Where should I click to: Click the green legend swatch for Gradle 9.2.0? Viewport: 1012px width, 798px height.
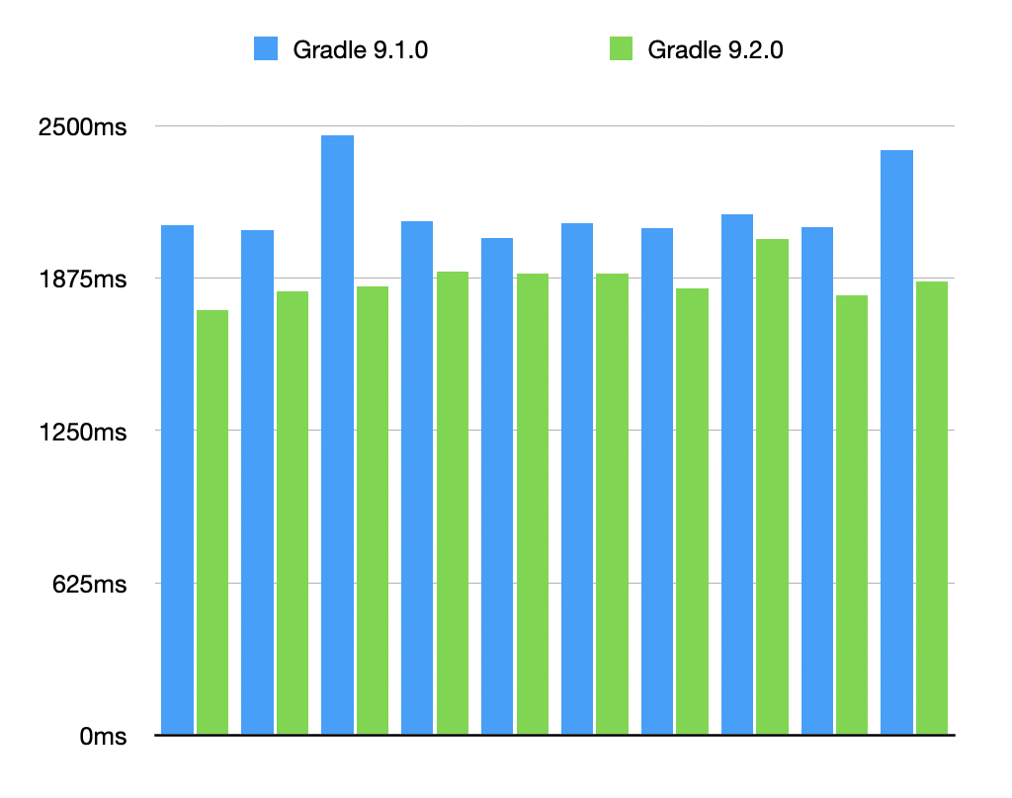tap(621, 48)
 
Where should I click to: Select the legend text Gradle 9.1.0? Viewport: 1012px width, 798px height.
tap(360, 49)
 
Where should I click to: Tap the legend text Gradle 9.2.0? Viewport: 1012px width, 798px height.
tap(715, 49)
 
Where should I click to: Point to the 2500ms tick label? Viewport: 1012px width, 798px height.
tap(82, 127)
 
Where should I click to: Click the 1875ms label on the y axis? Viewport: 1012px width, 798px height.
tap(82, 279)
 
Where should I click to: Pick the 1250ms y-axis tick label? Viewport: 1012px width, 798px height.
tap(82, 432)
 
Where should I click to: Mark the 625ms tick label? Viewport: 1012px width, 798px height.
tap(89, 584)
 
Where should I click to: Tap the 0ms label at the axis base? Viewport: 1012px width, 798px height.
tap(103, 736)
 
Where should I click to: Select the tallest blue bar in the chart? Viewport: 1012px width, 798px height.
tap(337, 435)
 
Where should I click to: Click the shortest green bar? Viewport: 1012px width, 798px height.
tap(212, 522)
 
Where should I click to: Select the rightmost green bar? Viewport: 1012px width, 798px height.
tap(932, 508)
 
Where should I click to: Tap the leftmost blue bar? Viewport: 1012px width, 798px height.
tap(178, 480)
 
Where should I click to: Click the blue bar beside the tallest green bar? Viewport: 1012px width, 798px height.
tap(737, 474)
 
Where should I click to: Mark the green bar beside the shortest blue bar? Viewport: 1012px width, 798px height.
tap(533, 504)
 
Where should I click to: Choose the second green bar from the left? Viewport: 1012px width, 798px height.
tap(293, 513)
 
